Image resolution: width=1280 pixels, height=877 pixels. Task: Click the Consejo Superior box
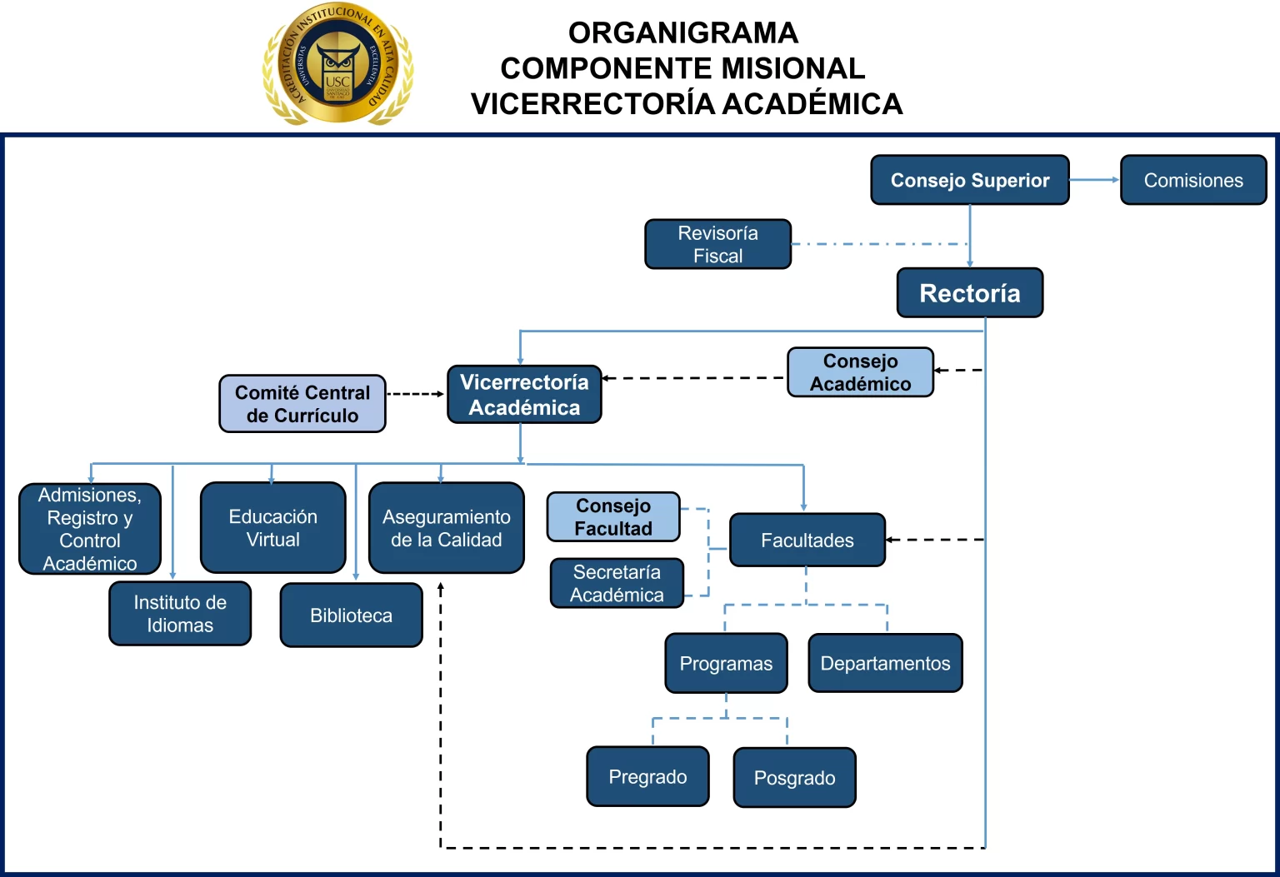[970, 180]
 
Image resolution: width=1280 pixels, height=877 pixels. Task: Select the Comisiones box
[1193, 180]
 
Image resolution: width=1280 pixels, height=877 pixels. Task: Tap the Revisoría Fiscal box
[717, 244]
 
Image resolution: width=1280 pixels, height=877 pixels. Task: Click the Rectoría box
[970, 293]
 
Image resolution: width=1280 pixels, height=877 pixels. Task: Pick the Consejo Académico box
[860, 372]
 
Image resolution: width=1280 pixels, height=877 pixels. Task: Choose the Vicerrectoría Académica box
[524, 395]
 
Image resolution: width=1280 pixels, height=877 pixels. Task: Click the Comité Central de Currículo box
[302, 404]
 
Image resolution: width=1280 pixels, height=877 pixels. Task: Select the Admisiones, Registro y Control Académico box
[90, 530]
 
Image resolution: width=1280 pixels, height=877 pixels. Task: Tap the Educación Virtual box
[273, 528]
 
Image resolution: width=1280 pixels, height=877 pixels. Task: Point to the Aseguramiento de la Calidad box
[447, 528]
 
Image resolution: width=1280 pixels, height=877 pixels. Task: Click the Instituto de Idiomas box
[180, 614]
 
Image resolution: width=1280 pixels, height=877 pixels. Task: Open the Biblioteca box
[352, 615]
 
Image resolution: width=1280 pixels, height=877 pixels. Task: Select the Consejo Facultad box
[613, 517]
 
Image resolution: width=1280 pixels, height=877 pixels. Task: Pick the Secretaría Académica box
[617, 583]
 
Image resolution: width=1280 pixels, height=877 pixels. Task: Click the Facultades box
[807, 541]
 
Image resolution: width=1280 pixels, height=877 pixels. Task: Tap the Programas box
[726, 664]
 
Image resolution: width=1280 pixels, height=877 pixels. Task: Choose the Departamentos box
[885, 664]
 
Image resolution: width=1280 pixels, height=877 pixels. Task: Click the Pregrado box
[647, 777]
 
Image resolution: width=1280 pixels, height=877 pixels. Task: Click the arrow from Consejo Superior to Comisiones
[1094, 180]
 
